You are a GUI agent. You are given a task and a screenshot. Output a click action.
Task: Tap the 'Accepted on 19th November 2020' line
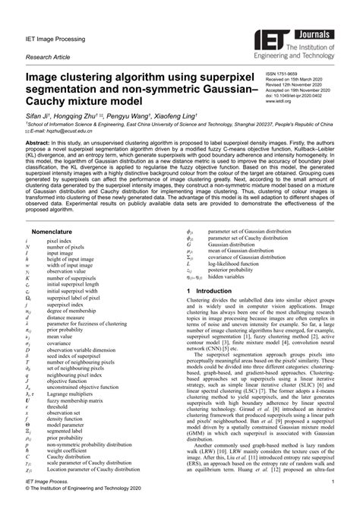(305, 89)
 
